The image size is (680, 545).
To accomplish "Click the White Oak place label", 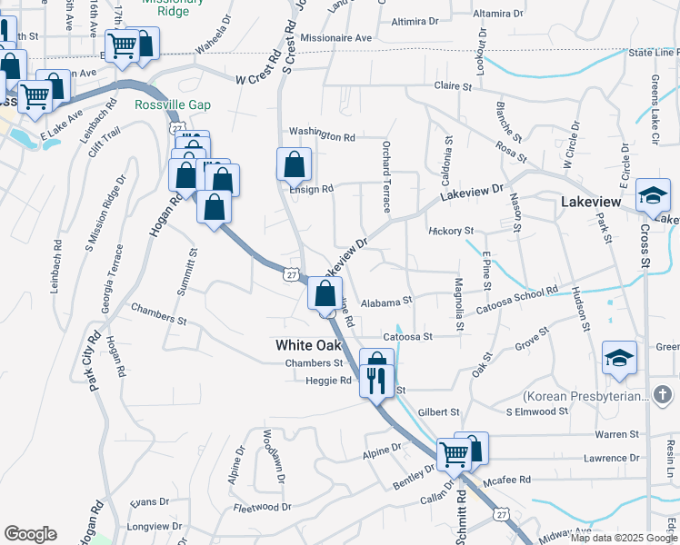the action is coord(308,345).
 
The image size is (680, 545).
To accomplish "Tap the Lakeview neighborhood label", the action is coord(593,203).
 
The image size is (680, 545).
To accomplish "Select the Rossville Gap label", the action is coord(173,105).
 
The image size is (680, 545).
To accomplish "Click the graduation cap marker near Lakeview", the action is coord(653,195).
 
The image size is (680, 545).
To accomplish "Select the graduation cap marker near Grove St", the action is coord(619,359).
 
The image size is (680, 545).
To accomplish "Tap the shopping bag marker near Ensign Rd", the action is coord(294,166).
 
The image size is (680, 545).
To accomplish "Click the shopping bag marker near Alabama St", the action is coord(325,293).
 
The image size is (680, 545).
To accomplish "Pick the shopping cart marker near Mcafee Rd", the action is coord(453,454).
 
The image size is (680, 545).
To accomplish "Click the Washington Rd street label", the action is coord(322,136).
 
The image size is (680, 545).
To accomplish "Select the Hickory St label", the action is coord(452,231).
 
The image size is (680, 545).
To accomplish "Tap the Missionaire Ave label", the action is coord(336,38).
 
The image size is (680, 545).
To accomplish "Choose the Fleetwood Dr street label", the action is coord(262,507).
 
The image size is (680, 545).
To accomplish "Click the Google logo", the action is coord(30,534).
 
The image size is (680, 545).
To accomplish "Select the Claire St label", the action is coord(454,87).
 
